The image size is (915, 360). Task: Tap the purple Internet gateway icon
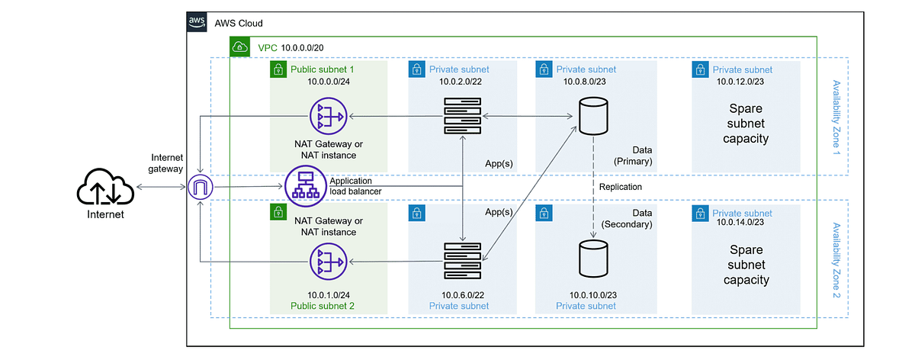pos(200,186)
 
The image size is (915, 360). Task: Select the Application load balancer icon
pos(304,186)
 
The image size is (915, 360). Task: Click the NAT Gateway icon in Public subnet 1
pos(329,117)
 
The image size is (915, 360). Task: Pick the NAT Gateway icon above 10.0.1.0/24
pos(329,262)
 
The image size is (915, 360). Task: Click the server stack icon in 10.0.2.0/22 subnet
pos(463,117)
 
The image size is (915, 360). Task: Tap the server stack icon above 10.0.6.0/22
pos(463,261)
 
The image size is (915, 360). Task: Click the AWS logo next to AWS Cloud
pos(197,24)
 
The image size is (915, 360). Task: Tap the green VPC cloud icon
pos(240,47)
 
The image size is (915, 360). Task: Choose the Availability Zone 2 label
pos(836,259)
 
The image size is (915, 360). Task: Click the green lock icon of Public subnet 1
pos(278,69)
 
